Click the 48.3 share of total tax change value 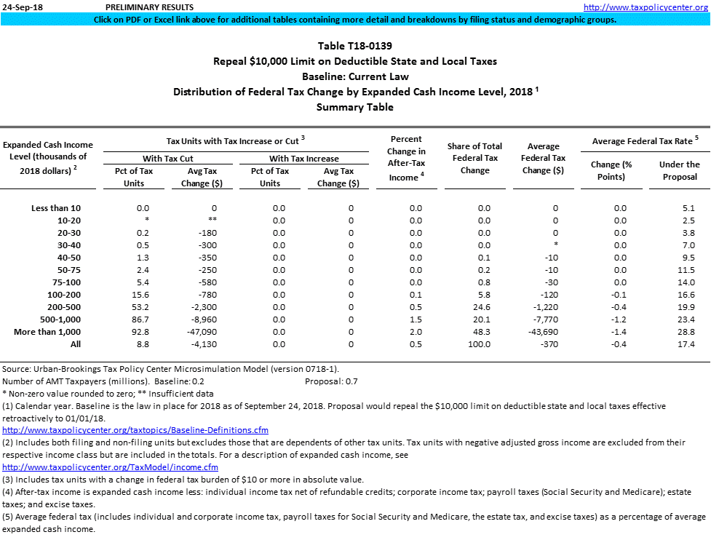484,332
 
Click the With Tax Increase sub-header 303,159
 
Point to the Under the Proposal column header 679,170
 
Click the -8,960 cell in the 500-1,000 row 199,319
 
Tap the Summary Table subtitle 355,107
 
